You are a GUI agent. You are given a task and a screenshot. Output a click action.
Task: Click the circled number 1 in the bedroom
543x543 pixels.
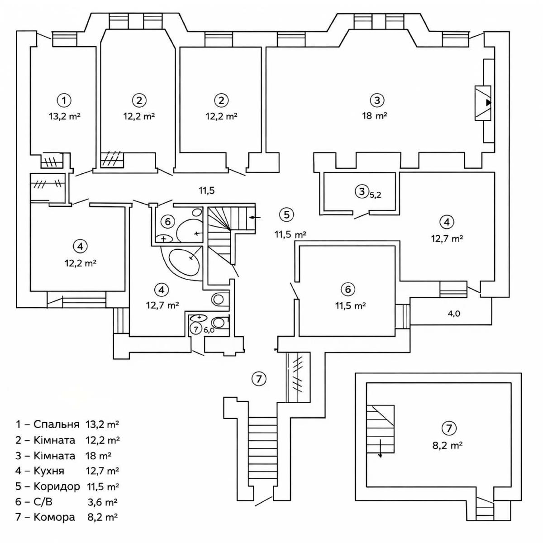click(x=64, y=100)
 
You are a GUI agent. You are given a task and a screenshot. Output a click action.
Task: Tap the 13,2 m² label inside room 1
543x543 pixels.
click(x=65, y=116)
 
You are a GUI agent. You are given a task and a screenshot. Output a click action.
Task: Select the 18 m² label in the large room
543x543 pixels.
click(x=374, y=116)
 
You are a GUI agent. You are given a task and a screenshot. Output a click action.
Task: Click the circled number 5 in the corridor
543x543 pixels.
click(x=286, y=214)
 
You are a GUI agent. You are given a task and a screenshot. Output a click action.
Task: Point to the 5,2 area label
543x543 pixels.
click(x=376, y=195)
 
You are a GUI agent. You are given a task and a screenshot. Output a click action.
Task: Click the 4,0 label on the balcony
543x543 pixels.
click(x=453, y=314)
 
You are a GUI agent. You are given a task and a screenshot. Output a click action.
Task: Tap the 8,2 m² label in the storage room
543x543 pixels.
click(x=447, y=445)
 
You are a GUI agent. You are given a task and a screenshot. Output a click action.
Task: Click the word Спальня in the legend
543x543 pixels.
click(x=57, y=424)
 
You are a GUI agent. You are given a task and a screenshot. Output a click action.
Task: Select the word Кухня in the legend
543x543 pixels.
click(x=49, y=471)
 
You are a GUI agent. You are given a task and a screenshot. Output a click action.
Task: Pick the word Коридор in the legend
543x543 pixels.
click(x=57, y=486)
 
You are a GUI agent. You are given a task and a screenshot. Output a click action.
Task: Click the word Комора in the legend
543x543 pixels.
click(x=54, y=517)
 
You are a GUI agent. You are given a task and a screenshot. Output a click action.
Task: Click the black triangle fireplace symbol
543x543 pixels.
click(x=488, y=103)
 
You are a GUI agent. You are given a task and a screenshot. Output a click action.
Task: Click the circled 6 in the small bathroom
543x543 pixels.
click(x=168, y=221)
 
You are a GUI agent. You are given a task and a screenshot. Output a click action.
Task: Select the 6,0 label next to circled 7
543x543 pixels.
click(x=209, y=330)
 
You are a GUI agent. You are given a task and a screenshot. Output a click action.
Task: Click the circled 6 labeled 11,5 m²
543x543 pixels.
click(x=348, y=289)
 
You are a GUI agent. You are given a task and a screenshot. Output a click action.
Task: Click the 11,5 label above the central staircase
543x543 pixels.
click(x=206, y=191)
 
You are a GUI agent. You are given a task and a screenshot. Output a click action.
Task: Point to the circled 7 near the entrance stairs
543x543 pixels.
click(x=258, y=378)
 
